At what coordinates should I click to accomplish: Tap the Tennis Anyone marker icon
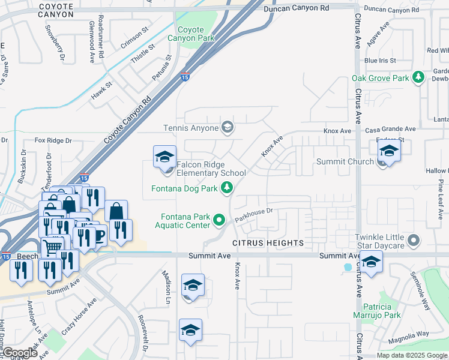(x=228, y=127)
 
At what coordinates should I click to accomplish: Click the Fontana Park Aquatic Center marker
(x=220, y=221)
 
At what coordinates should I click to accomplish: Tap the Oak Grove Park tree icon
(x=416, y=78)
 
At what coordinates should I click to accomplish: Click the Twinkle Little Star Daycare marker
(x=413, y=241)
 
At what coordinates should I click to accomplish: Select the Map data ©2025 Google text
(x=411, y=355)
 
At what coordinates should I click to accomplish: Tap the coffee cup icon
(x=98, y=235)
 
